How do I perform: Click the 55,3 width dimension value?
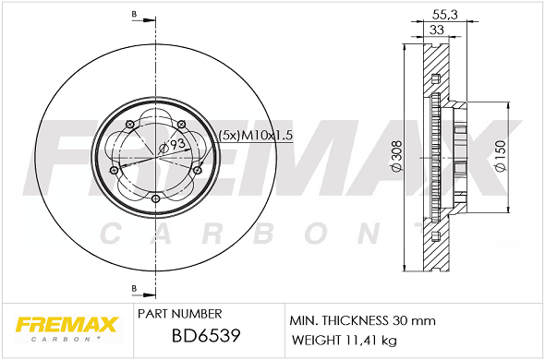click(445, 15)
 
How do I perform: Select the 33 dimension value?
click(437, 30)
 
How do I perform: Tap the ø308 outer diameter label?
click(396, 156)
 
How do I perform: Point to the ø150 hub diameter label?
click(501, 156)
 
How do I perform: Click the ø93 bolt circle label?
click(172, 145)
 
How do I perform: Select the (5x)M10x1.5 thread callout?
click(256, 135)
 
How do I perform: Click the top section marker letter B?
click(134, 15)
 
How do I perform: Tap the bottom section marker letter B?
click(134, 288)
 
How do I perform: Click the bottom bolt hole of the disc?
click(156, 198)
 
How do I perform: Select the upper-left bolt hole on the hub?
click(130, 124)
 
